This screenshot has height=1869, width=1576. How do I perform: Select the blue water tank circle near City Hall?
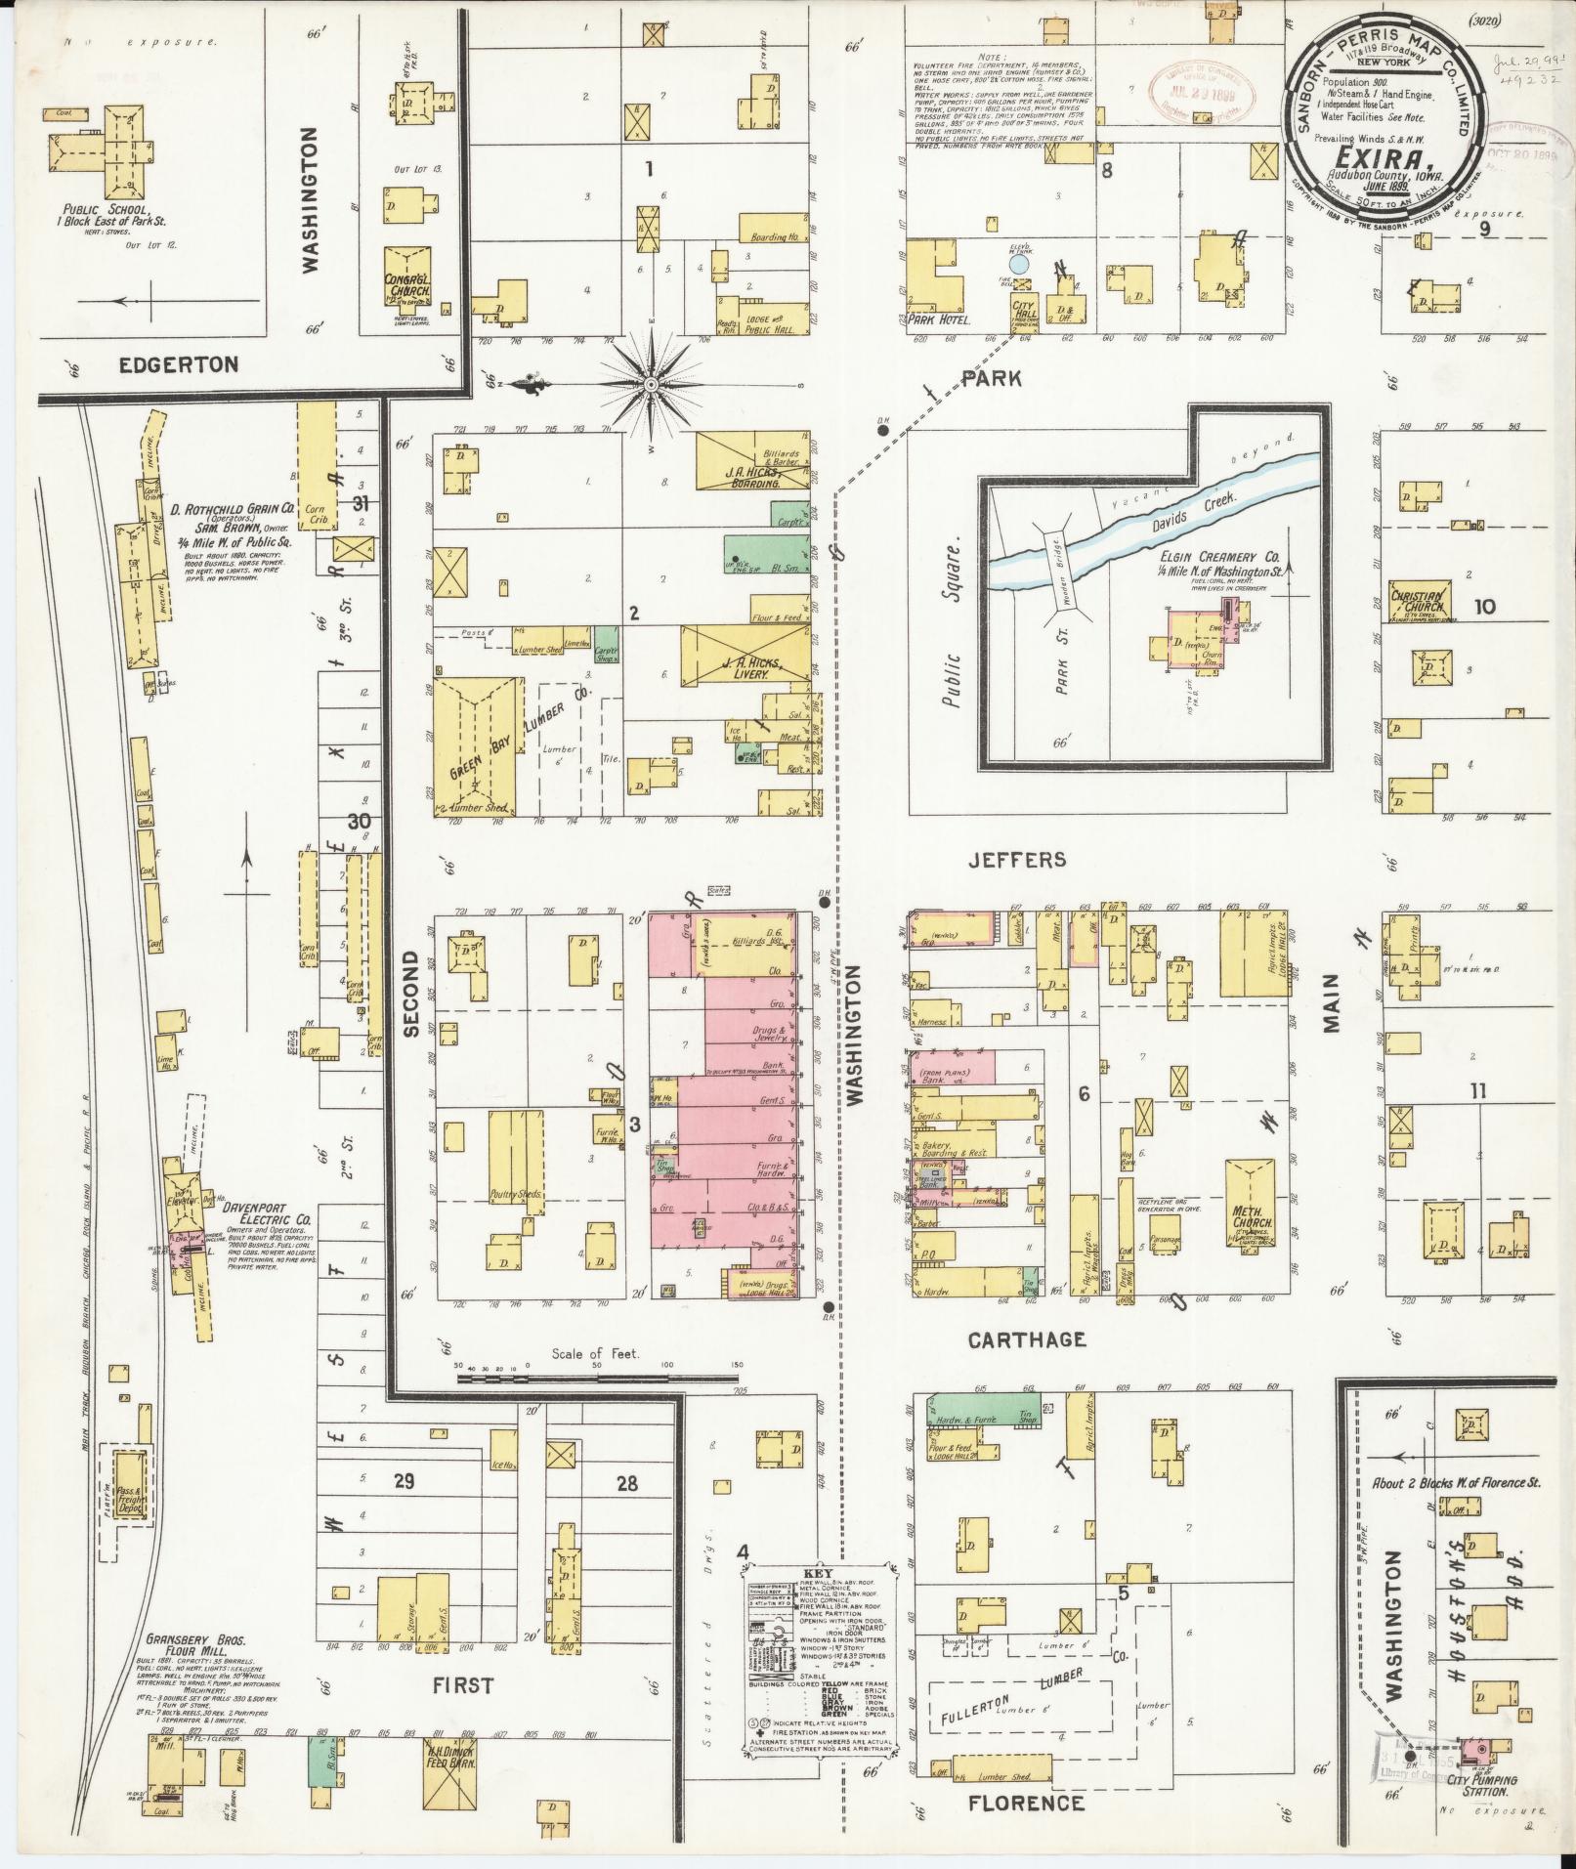pos(1018,263)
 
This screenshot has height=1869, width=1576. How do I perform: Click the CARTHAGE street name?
pos(1026,1339)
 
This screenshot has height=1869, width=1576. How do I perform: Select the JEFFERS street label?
pos(1015,860)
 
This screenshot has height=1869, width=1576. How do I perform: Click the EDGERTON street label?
pos(179,364)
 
